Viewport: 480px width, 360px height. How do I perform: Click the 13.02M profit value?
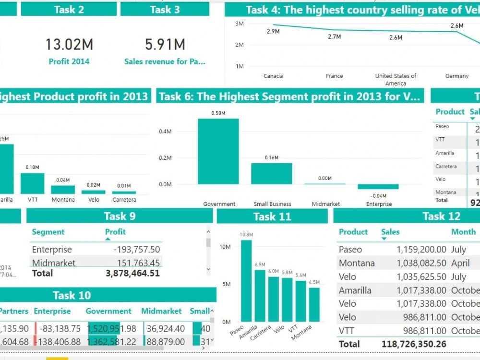(69, 45)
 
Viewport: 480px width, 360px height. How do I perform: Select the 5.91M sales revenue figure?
(165, 45)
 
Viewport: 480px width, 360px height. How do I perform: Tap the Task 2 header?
(69, 9)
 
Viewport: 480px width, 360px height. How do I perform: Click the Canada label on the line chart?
(273, 76)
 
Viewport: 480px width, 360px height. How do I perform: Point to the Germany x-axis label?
(456, 76)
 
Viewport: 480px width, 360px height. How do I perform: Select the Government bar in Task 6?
(218, 151)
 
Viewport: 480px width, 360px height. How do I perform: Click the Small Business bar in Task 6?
(271, 173)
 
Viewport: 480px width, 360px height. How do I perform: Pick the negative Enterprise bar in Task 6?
(378, 187)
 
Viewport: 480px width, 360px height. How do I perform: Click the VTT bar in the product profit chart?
(32, 183)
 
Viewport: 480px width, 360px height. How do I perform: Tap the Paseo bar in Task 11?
(246, 281)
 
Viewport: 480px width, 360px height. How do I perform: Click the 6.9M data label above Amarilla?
(260, 264)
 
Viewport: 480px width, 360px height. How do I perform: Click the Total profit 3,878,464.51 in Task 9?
(132, 273)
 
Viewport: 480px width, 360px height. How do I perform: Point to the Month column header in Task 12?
(463, 232)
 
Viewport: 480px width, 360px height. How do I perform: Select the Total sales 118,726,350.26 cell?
(414, 344)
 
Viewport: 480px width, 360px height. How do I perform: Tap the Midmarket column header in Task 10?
(161, 311)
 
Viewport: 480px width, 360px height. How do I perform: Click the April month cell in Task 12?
(460, 263)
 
